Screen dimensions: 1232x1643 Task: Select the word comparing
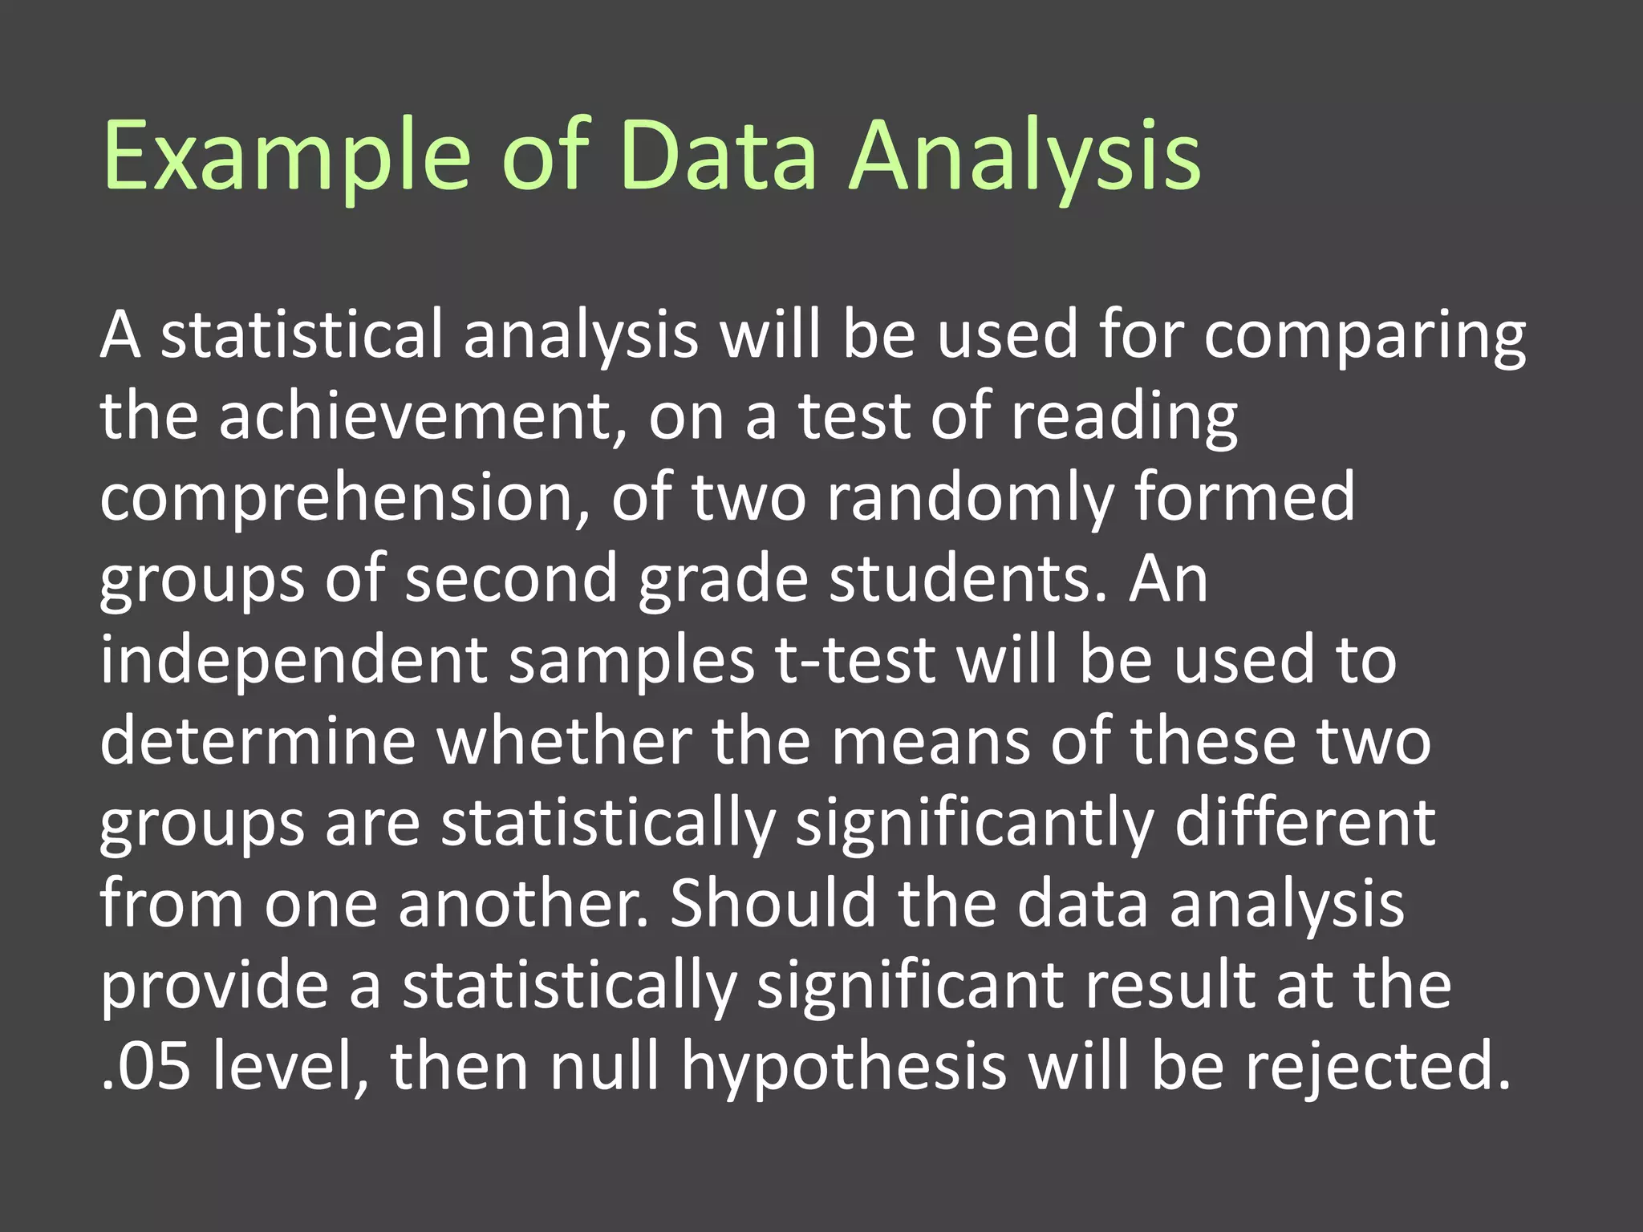(1365, 337)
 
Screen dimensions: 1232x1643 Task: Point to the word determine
(258, 742)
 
